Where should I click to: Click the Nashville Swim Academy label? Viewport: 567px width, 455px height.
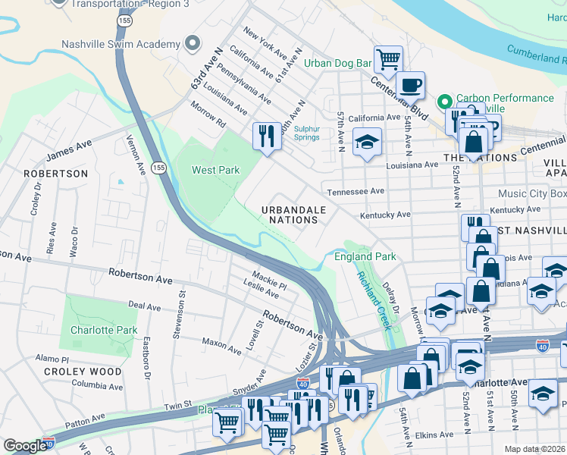click(121, 44)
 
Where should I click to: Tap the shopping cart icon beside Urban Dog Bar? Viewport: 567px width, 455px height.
click(388, 58)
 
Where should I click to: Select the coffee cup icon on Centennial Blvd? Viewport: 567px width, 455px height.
click(410, 85)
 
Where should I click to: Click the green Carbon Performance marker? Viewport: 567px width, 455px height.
click(445, 99)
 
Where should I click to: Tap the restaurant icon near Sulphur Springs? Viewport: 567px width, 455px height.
click(266, 136)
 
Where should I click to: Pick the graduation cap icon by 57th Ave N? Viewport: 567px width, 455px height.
click(367, 143)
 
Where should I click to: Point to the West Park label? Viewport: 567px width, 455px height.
click(215, 170)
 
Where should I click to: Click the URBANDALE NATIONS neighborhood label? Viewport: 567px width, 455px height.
click(293, 215)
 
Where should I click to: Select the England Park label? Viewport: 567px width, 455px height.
click(365, 257)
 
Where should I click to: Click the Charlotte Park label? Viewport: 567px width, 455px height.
click(104, 330)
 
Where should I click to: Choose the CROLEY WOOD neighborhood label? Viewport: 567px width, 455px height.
click(83, 372)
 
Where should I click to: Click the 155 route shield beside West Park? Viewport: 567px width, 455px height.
click(158, 167)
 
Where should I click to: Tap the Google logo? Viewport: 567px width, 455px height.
click(24, 446)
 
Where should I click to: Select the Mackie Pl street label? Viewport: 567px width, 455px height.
click(270, 283)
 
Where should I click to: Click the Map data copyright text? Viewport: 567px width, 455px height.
click(535, 449)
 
